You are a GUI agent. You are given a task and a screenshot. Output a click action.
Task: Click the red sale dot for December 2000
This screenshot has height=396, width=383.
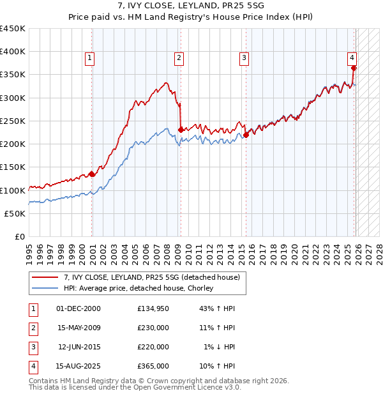click(92, 174)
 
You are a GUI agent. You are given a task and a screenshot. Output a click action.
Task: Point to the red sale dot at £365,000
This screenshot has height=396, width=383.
click(354, 68)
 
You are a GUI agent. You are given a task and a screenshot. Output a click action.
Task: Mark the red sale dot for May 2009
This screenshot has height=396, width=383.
click(181, 130)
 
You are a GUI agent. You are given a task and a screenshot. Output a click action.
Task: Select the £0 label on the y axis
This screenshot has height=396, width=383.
click(20, 236)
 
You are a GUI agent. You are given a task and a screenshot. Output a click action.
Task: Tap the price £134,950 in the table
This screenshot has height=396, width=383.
click(153, 308)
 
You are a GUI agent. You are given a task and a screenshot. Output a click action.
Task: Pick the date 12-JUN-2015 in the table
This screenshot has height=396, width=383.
click(79, 347)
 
